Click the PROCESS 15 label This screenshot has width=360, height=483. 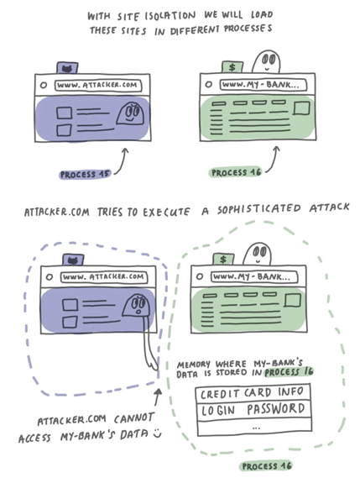pyautogui.click(x=85, y=175)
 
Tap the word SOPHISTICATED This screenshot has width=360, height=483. pyautogui.click(x=258, y=209)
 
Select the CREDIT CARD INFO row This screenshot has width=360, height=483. pyautogui.click(x=253, y=393)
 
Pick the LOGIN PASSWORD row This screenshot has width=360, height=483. pyautogui.click(x=253, y=409)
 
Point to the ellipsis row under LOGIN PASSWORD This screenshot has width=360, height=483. pyautogui.click(x=254, y=427)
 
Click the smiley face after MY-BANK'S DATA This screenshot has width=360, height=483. pyautogui.click(x=158, y=433)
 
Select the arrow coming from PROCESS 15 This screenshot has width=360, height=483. pyautogui.click(x=122, y=162)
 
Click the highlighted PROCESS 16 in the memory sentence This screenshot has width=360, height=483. pyautogui.click(x=289, y=371)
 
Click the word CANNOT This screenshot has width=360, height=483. pyautogui.click(x=133, y=418)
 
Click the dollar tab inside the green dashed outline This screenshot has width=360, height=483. pyautogui.click(x=224, y=260)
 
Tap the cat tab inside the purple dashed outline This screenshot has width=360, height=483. pyautogui.click(x=73, y=260)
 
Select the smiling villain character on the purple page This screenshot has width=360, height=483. pyautogui.click(x=131, y=113)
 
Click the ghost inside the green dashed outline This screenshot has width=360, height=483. pyautogui.click(x=258, y=254)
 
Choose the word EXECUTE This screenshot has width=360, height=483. pyautogui.click(x=166, y=212)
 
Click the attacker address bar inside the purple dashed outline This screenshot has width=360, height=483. pyautogui.click(x=104, y=277)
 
